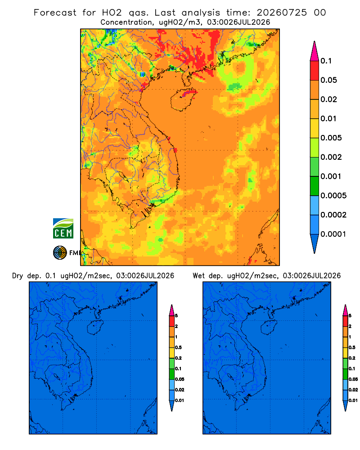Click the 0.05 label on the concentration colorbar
pyautogui.click(x=328, y=80)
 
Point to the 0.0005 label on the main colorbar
pyautogui.click(x=333, y=196)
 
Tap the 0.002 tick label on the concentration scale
pyautogui.click(x=331, y=157)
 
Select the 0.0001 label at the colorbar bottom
pyautogui.click(x=333, y=234)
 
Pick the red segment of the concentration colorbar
pyautogui.click(x=315, y=71)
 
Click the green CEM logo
pyautogui.click(x=63, y=229)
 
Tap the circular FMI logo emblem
pyautogui.click(x=60, y=253)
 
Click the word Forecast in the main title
pyautogui.click(x=55, y=13)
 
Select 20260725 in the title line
pyautogui.click(x=282, y=13)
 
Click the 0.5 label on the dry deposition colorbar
pyautogui.click(x=178, y=347)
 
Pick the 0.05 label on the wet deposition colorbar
pyautogui.click(x=353, y=379)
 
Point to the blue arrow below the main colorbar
pyautogui.click(x=315, y=244)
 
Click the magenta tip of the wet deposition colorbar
pyautogui.click(x=345, y=310)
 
